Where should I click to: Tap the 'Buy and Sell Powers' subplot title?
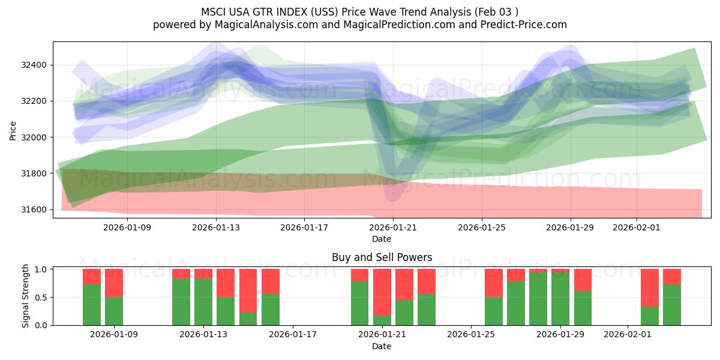point(382,257)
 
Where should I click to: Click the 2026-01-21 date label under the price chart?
point(393,227)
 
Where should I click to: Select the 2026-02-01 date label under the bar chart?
point(627,335)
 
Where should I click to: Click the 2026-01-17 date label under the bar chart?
point(293,335)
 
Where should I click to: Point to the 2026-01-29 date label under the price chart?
point(571,227)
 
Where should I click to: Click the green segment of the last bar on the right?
point(672,305)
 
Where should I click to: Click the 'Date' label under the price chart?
point(382,239)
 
